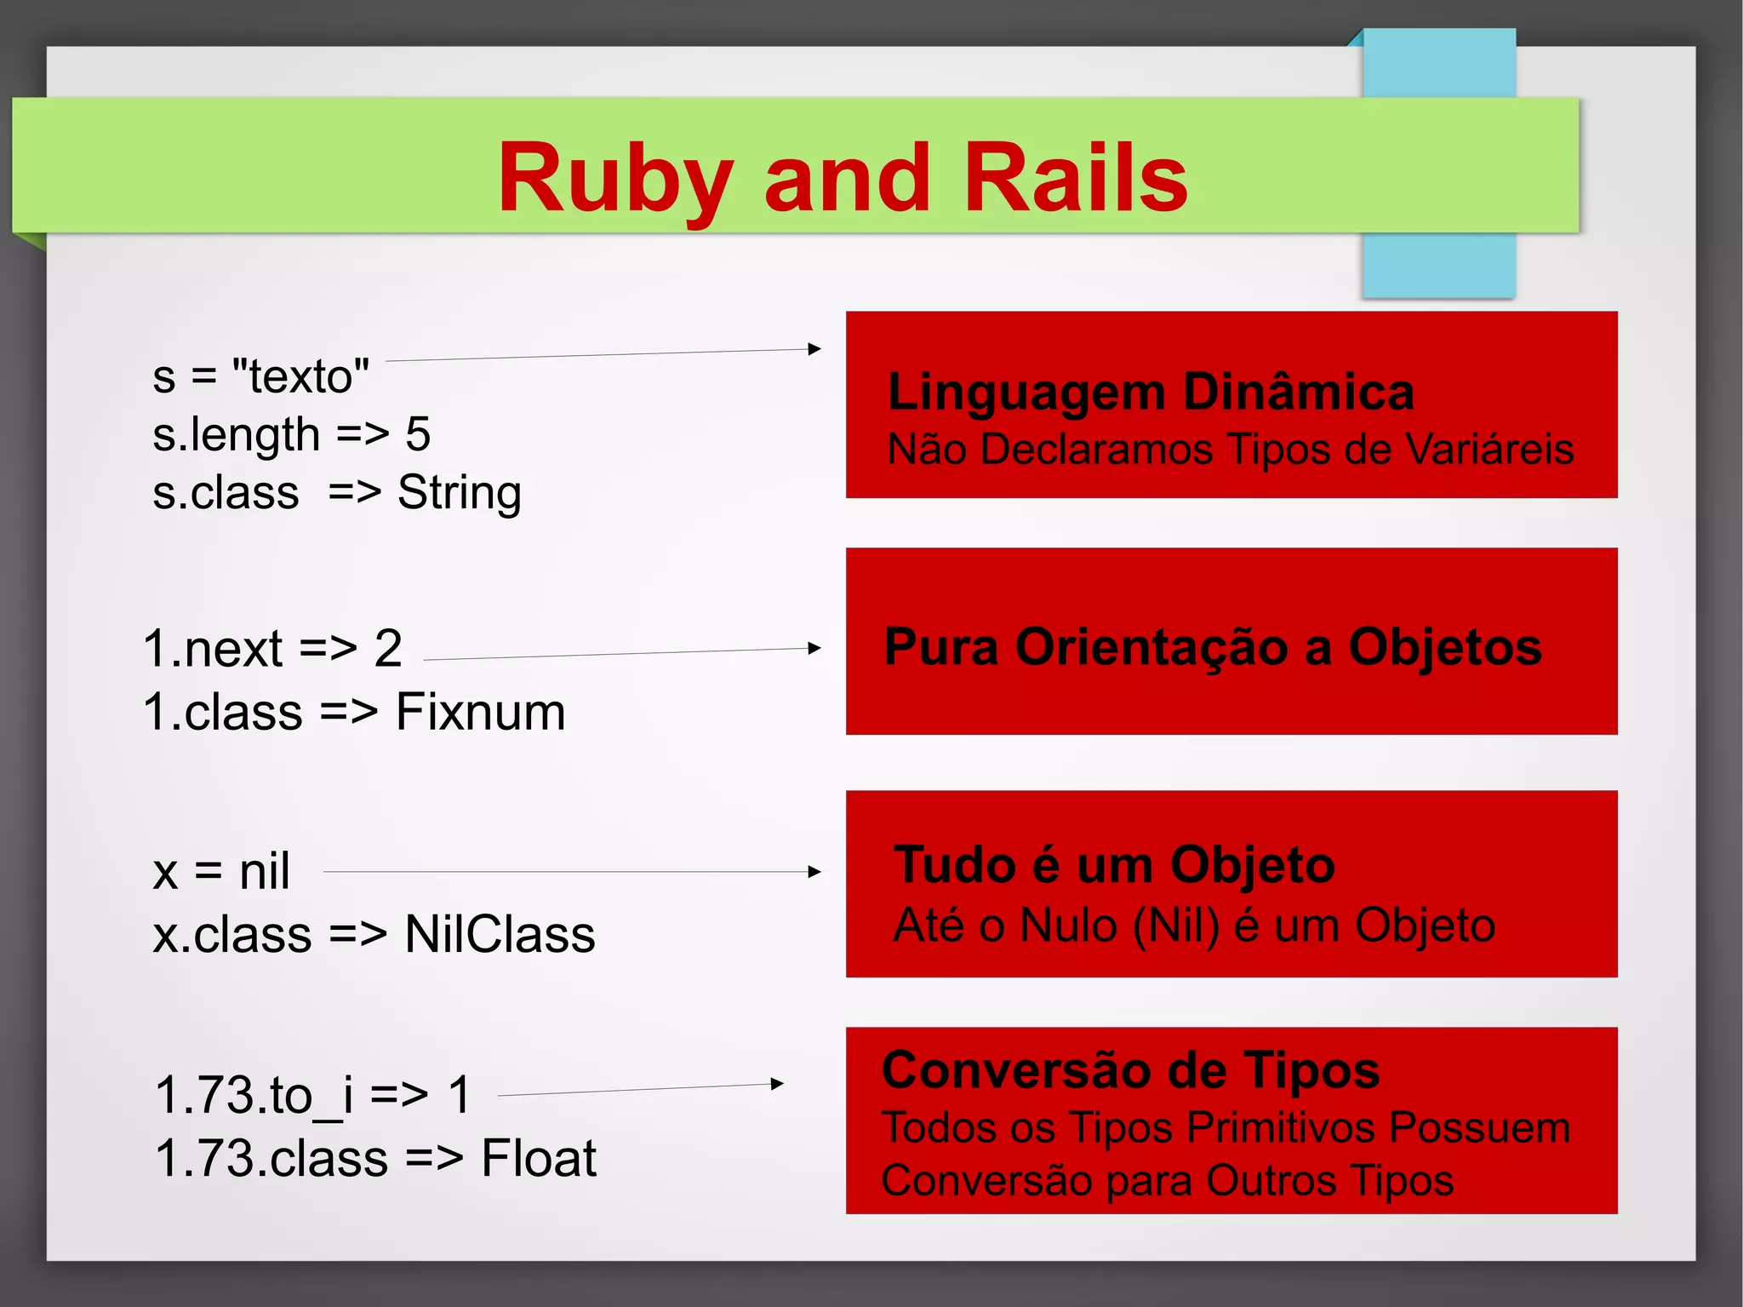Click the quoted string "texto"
point(300,375)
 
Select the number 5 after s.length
point(418,434)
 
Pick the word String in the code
point(460,492)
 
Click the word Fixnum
point(481,712)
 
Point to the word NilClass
point(500,934)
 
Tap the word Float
point(539,1158)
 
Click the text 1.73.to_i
point(254,1095)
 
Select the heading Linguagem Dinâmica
point(1151,392)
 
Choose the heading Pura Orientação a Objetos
point(1213,646)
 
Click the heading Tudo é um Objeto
point(1114,865)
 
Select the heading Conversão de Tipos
point(1130,1069)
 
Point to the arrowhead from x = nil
point(814,872)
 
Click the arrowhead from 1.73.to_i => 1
point(777,1084)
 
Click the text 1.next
point(213,649)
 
